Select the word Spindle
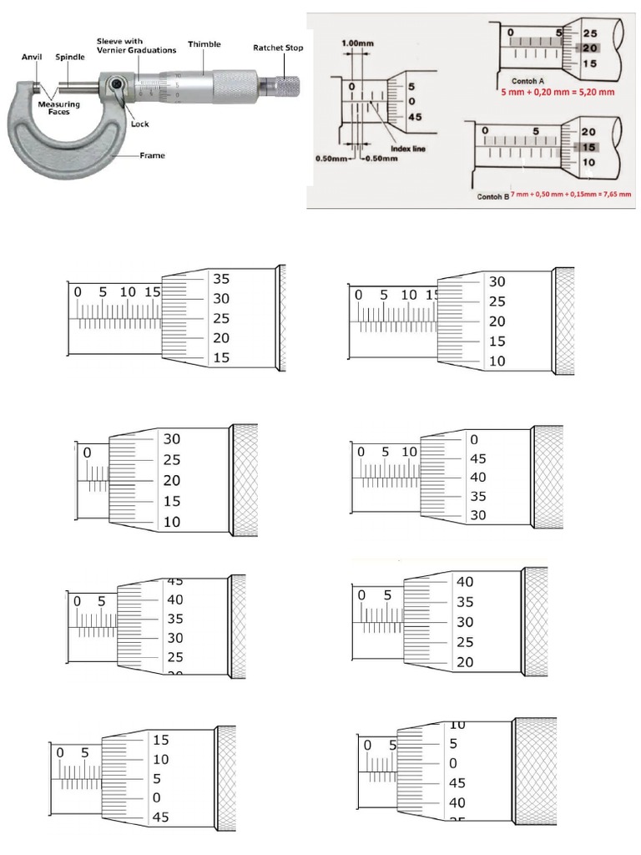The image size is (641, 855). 70,58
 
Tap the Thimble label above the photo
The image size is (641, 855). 204,44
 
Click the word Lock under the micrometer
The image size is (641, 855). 140,124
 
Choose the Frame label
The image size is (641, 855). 152,155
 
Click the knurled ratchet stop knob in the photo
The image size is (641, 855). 285,85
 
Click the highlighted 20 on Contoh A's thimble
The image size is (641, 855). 589,48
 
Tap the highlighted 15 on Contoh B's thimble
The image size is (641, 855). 588,146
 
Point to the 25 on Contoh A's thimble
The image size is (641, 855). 589,33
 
